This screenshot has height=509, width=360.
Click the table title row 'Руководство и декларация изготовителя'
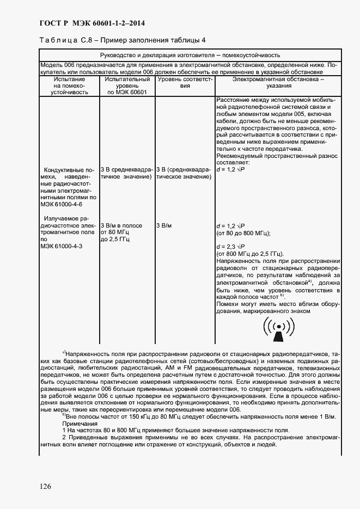point(190,55)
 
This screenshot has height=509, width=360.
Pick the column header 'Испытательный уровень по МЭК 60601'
point(127,86)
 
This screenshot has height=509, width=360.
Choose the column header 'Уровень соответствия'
point(185,82)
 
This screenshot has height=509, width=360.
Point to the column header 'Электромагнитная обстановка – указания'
point(278,82)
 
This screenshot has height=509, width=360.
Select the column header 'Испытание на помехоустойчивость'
point(69,86)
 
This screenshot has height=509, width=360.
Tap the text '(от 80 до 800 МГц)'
point(243,233)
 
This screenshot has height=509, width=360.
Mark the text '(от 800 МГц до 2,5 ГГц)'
point(250,254)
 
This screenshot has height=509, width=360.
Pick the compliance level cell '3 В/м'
point(164,225)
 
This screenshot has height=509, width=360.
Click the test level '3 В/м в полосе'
point(121,225)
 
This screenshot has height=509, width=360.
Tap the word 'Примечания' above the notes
point(79,424)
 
